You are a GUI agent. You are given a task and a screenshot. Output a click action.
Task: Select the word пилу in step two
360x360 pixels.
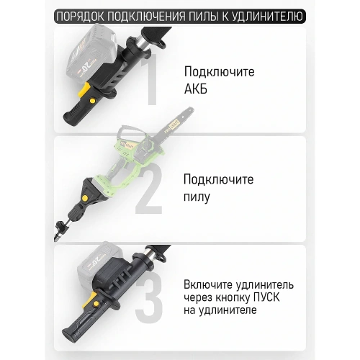[x=198, y=197]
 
